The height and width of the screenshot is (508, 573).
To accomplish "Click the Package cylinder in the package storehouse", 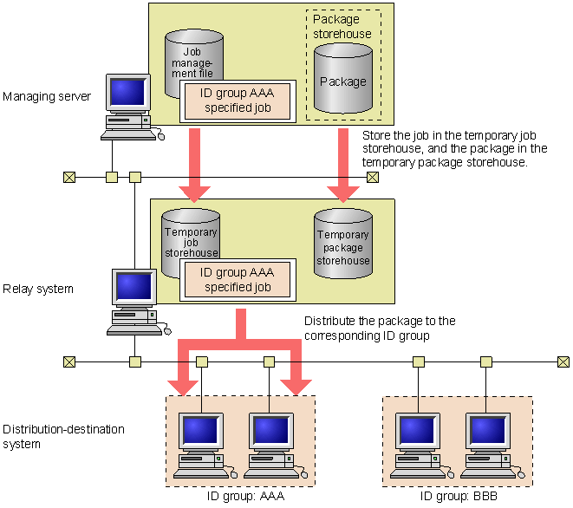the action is [343, 78].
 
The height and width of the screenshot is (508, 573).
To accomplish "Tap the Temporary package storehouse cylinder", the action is [343, 244].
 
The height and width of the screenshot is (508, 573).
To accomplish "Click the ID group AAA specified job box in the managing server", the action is [238, 101].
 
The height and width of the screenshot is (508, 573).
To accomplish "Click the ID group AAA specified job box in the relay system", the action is [238, 280].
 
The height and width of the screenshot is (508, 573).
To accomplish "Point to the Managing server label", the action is [47, 96].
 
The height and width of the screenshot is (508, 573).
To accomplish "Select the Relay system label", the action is [38, 289].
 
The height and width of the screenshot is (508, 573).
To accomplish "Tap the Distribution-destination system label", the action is [63, 436].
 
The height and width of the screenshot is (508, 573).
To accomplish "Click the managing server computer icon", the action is [132, 107].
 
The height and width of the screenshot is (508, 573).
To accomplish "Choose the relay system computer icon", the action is [138, 303].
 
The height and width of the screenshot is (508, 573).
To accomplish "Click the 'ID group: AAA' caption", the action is [245, 497].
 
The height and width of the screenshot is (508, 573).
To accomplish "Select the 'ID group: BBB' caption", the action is [459, 497].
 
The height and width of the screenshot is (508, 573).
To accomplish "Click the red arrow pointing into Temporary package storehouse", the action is [343, 166].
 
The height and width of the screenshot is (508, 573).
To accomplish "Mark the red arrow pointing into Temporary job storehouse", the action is [194, 166].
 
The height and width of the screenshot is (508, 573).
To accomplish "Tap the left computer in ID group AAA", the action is [205, 446].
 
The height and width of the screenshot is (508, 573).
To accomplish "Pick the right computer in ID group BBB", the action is [492, 446].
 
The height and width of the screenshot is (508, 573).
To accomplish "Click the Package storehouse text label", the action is [342, 26].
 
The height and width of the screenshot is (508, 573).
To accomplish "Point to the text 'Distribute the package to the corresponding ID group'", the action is [380, 329].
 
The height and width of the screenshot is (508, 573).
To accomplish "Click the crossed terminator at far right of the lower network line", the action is [563, 362].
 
